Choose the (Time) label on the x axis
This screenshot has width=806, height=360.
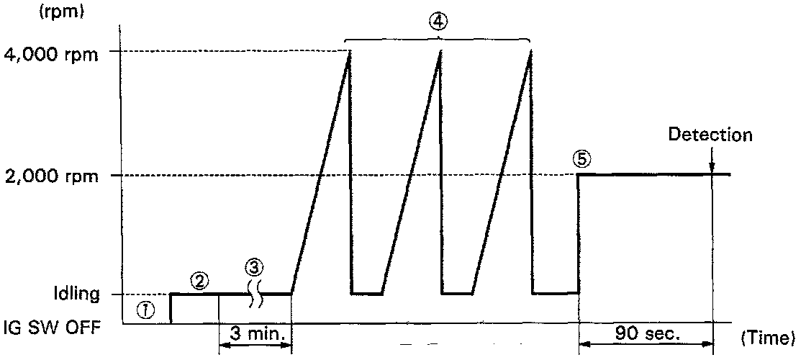[766, 336]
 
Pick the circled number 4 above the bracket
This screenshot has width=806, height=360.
[438, 22]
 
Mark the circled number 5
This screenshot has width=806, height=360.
[581, 159]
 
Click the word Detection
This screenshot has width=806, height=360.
[710, 135]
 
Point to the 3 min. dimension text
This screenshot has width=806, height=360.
[255, 334]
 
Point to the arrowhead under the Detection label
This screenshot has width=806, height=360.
[712, 168]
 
